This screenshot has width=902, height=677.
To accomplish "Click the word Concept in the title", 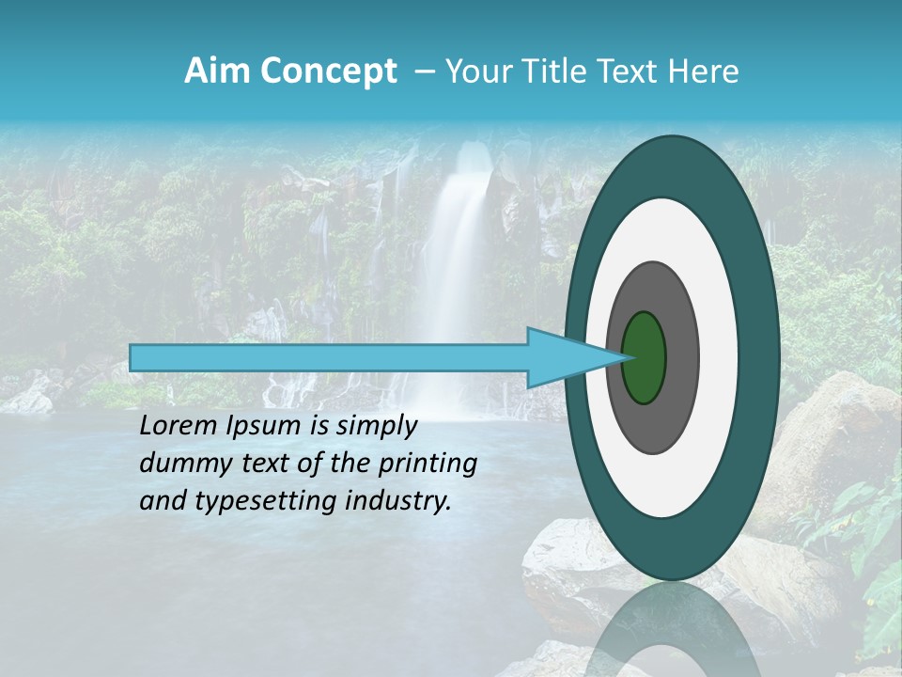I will click(x=328, y=71).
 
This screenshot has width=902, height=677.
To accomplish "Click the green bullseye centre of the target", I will click(x=645, y=357).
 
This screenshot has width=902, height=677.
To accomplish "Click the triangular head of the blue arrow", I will click(x=564, y=357).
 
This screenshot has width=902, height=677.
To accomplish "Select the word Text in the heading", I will click(x=629, y=71).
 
